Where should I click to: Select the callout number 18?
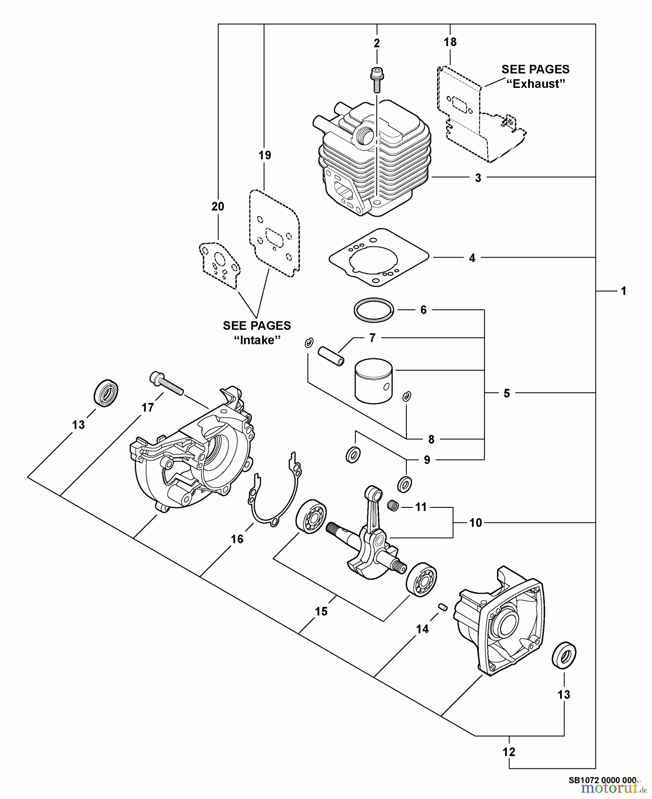[450, 42]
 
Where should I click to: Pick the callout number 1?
[624, 291]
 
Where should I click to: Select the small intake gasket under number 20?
[219, 265]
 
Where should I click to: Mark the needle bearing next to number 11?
[393, 505]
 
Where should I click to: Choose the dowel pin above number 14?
[442, 606]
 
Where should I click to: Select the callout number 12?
[509, 752]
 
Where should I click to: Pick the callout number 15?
[321, 611]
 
